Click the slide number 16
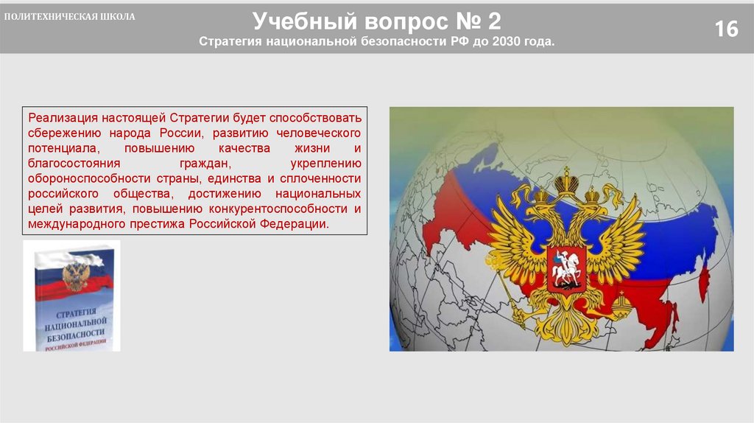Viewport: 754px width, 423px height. pos(726,29)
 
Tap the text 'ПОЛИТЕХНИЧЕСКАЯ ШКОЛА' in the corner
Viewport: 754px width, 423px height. pos(71,17)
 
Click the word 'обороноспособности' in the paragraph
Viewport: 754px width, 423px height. pos(87,178)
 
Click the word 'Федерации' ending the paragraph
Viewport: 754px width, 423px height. pos(297,224)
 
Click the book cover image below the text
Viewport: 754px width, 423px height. pos(72,295)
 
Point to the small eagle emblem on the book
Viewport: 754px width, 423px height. pos(75,276)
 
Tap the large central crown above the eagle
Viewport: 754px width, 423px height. pos(565,181)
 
